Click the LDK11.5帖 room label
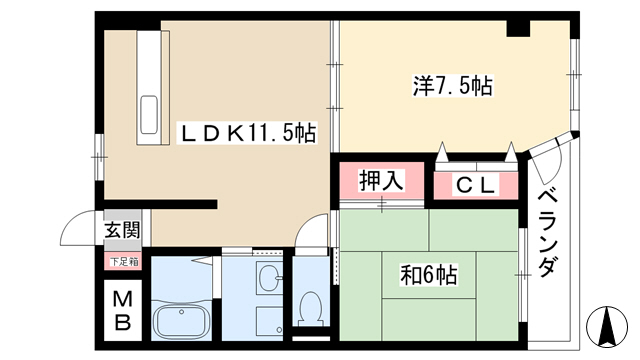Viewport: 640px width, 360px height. [x=248, y=133]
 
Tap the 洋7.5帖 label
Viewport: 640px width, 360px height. [x=452, y=86]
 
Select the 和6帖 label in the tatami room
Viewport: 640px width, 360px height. [x=429, y=275]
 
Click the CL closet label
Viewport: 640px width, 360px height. [x=476, y=186]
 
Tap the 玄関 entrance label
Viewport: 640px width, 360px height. [x=122, y=230]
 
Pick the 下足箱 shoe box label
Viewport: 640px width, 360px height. [x=124, y=262]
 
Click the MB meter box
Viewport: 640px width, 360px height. [x=122, y=311]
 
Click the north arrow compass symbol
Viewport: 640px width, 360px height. [x=607, y=327]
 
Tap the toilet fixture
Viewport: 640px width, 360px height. [x=311, y=309]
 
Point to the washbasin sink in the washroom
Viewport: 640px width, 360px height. [x=269, y=277]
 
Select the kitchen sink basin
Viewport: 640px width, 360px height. [x=149, y=114]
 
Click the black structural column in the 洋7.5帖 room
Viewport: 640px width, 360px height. [x=518, y=29]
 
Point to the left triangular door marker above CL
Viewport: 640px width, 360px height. [x=442, y=152]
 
